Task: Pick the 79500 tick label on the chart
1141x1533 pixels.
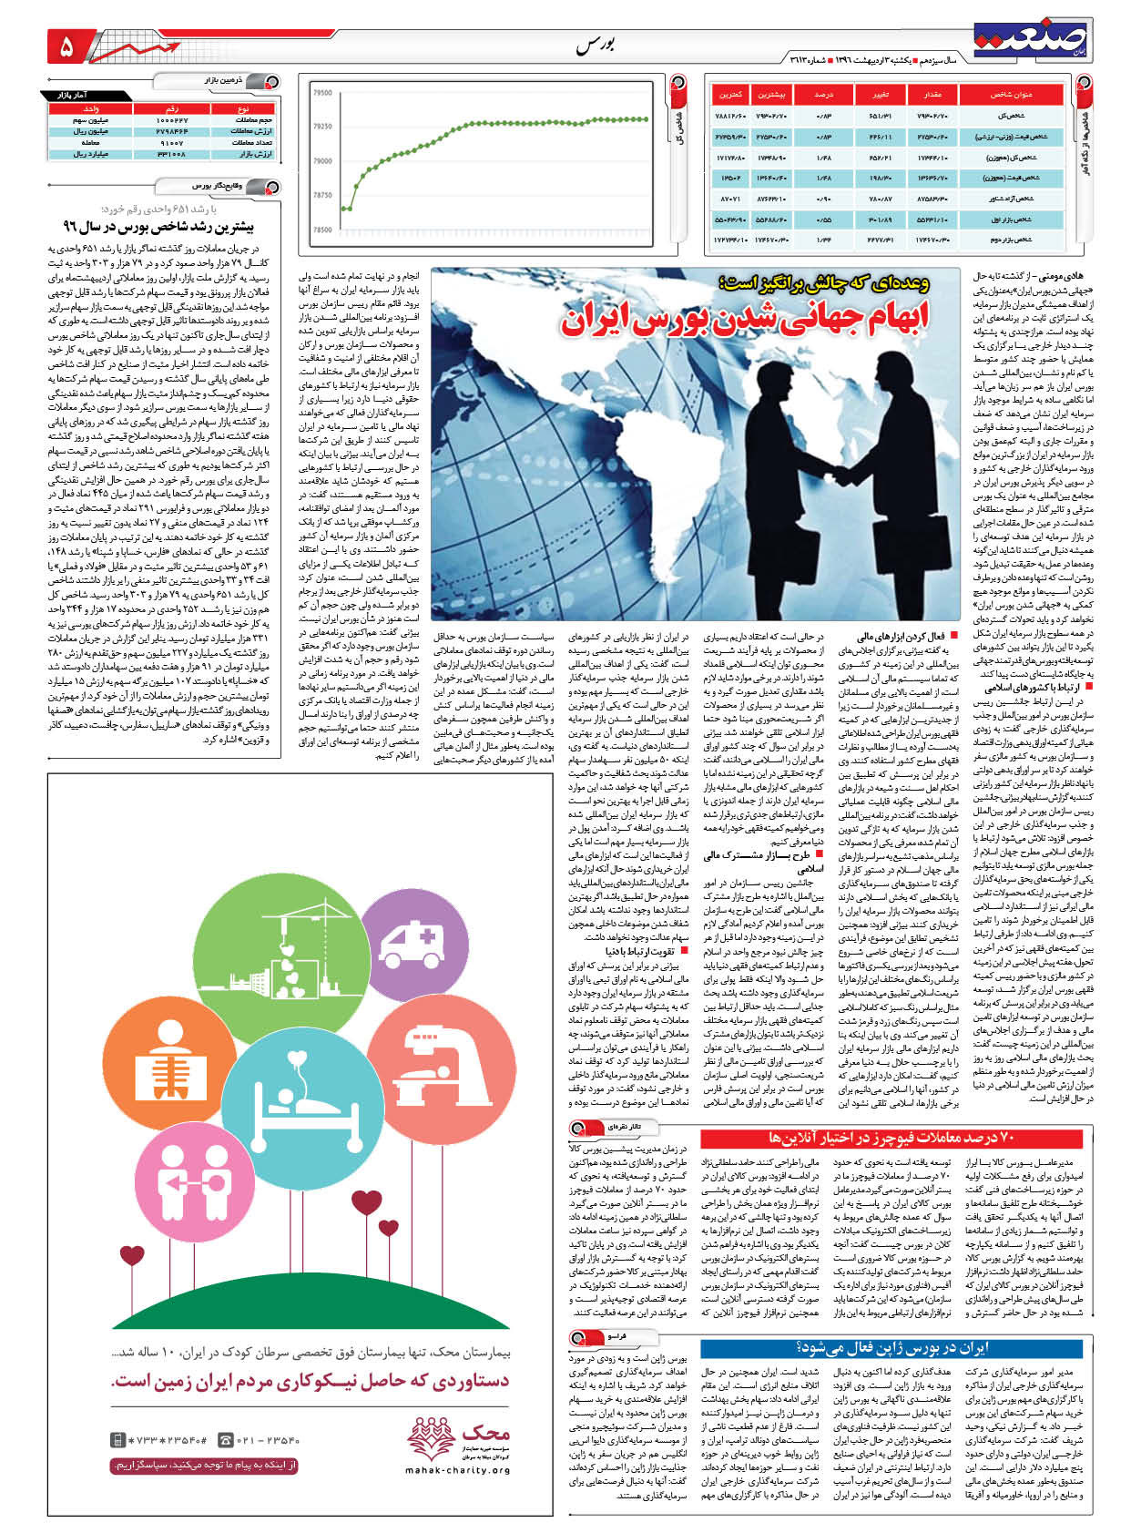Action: [x=322, y=93]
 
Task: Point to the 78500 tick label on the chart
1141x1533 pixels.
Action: [x=322, y=230]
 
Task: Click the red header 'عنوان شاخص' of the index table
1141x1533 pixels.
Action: [x=1012, y=94]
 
